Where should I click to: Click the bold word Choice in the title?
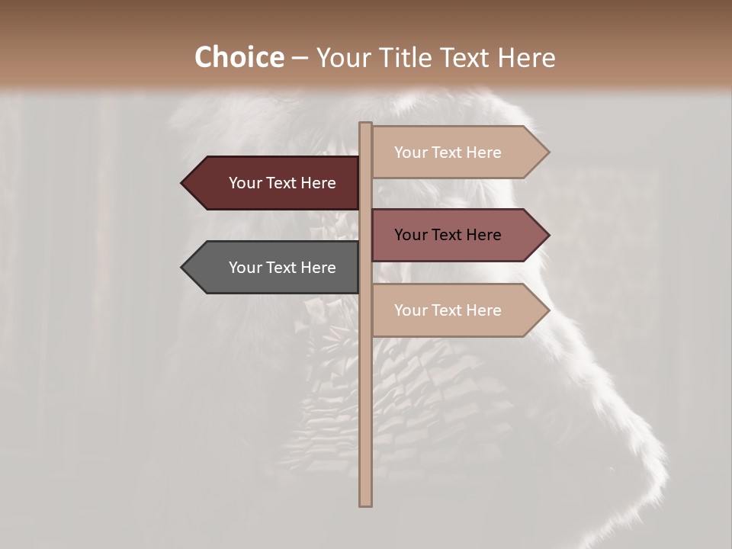tap(239, 57)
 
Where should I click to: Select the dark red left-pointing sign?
tap(271, 183)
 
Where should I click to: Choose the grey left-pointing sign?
tap(271, 268)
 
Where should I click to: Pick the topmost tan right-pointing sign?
tap(457, 152)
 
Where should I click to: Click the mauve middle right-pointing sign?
tap(457, 235)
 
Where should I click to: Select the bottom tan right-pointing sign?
tap(457, 310)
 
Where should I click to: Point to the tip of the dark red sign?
tap(183, 183)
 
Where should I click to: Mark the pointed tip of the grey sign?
tap(183, 268)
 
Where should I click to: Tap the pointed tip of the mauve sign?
tap(547, 235)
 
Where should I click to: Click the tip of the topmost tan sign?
tap(547, 152)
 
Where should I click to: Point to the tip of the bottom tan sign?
tap(547, 310)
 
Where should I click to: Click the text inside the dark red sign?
tap(282, 183)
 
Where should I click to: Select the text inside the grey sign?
tap(282, 268)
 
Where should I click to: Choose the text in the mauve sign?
tap(448, 235)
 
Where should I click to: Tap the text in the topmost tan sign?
tap(448, 152)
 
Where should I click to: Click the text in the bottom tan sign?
tap(448, 310)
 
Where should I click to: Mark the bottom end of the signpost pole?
tap(365, 504)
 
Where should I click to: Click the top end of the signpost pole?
tap(365, 125)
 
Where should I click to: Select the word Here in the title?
tap(526, 57)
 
